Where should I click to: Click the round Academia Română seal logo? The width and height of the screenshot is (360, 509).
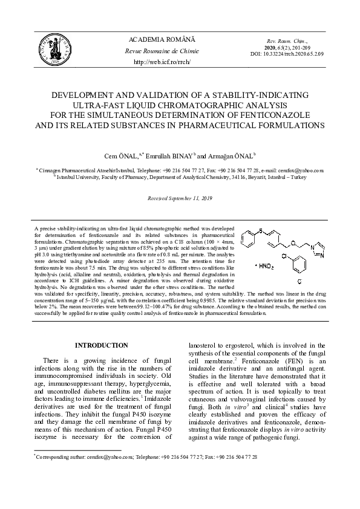pos(53,50)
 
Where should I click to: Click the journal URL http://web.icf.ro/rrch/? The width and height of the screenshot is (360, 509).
pos(162,62)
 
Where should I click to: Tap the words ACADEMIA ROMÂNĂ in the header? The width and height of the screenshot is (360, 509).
pos(162,39)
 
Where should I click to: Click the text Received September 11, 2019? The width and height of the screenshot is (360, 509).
pos(179,198)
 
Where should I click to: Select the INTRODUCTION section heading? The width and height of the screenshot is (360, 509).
pos(101,345)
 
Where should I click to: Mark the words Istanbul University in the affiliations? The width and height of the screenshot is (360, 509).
pos(75,177)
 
